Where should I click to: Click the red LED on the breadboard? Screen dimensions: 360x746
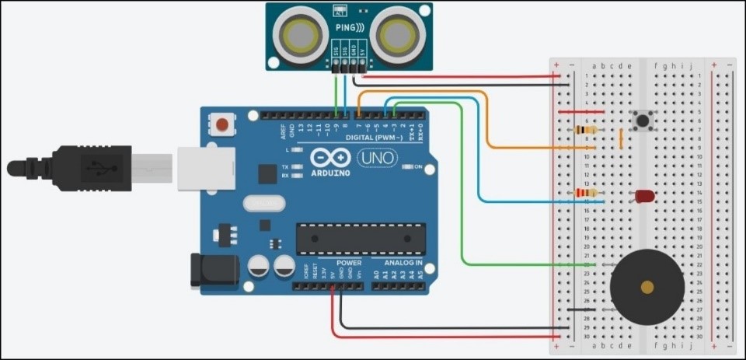point(644,196)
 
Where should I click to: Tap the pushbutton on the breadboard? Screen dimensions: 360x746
point(643,121)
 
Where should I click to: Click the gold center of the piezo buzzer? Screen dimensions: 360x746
point(647,288)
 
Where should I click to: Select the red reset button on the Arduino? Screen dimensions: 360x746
point(223,124)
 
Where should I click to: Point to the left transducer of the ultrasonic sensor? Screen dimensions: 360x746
point(298,33)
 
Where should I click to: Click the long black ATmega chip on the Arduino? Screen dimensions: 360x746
point(361,238)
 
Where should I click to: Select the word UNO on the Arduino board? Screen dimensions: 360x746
point(377,158)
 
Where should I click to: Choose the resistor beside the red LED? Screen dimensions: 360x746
point(584,192)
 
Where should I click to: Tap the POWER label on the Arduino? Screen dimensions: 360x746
point(327,263)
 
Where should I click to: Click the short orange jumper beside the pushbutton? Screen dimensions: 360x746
point(621,138)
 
